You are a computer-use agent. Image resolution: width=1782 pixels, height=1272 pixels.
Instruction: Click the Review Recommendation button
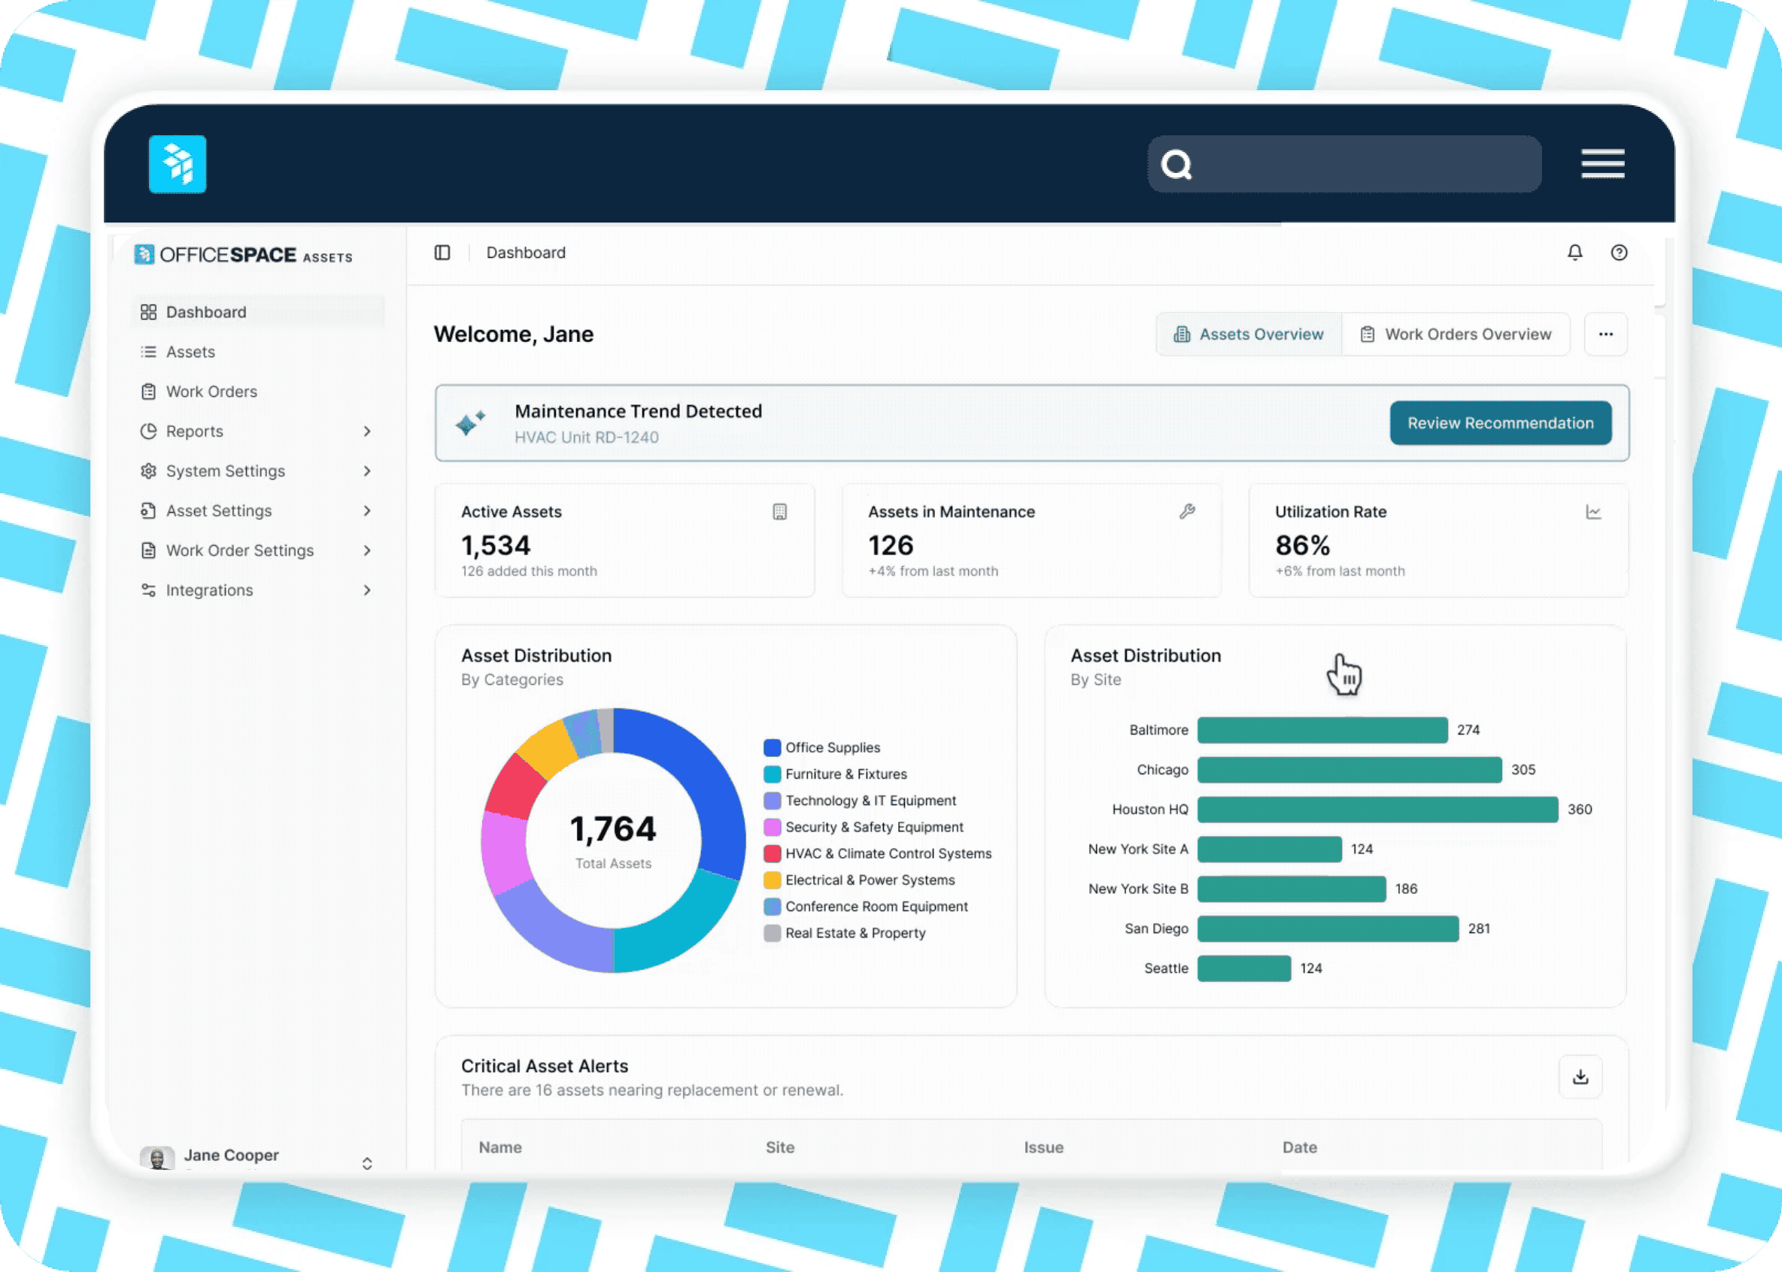(x=1500, y=423)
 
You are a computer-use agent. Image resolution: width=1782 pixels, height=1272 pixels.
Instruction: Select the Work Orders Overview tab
(x=1456, y=335)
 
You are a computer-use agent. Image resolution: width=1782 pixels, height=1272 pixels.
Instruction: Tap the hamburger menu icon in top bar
(x=1602, y=164)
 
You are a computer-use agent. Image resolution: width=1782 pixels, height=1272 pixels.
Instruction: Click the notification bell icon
(x=1574, y=252)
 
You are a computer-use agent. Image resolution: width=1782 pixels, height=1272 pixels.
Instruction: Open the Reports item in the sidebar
(x=195, y=432)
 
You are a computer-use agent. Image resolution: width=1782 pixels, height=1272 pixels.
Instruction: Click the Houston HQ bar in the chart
(x=1377, y=809)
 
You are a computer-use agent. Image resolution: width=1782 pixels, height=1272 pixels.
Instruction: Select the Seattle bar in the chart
(x=1243, y=968)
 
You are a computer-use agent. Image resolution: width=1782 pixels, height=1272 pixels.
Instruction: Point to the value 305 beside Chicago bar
(x=1522, y=770)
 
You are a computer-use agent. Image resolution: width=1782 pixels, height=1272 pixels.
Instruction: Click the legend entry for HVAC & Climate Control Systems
(x=888, y=854)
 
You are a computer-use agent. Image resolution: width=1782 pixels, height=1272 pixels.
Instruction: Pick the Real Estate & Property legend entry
(x=855, y=933)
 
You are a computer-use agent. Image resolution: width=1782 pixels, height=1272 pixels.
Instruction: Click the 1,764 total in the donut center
(x=613, y=829)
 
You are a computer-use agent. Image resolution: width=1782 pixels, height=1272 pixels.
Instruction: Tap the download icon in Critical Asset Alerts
(x=1580, y=1077)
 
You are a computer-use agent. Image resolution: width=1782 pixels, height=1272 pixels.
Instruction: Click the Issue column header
(x=1043, y=1147)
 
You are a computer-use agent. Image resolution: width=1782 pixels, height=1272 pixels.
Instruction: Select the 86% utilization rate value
(x=1302, y=545)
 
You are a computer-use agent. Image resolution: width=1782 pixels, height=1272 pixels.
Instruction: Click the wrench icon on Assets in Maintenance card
(x=1186, y=511)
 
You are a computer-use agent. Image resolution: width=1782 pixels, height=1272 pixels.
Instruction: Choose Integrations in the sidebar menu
(x=209, y=591)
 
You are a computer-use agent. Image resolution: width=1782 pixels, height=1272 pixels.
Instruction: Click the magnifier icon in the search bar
(x=1176, y=165)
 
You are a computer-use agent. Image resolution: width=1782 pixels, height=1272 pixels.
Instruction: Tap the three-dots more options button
(x=1605, y=335)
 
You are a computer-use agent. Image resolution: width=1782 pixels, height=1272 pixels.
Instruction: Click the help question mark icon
(x=1618, y=252)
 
